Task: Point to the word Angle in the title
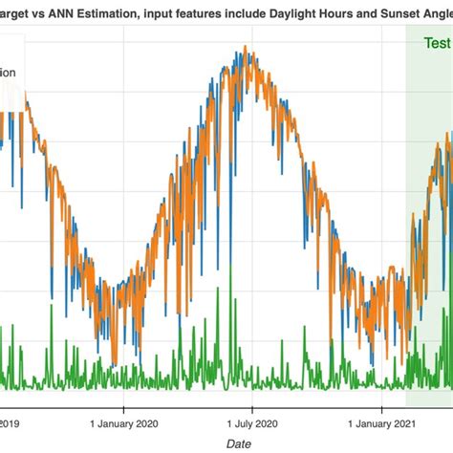(439, 10)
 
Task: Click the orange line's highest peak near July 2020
(248, 50)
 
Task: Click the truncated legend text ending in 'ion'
(8, 72)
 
